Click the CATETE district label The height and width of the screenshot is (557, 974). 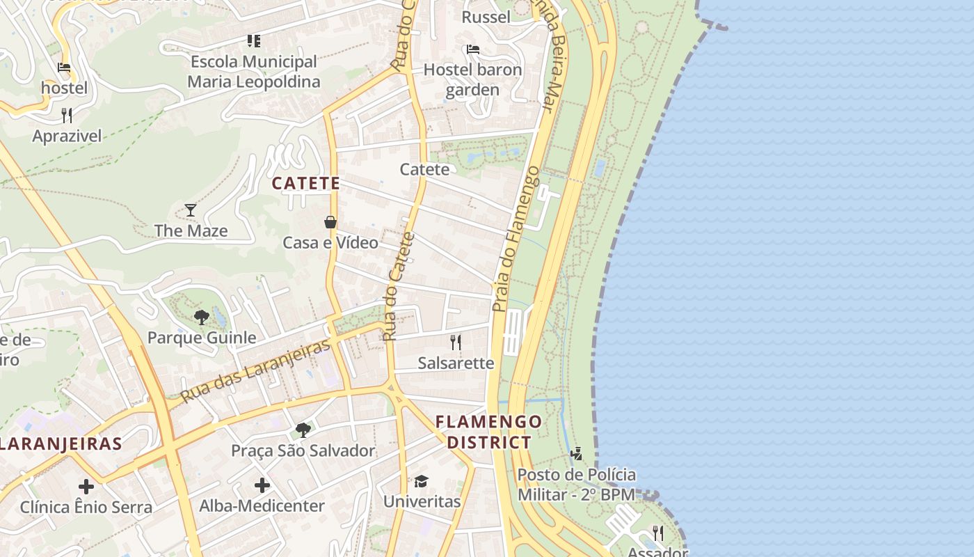(x=305, y=184)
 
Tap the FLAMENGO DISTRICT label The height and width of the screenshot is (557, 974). (x=488, y=432)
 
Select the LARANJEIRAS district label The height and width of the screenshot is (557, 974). (x=61, y=444)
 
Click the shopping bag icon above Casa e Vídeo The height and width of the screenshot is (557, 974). (x=330, y=222)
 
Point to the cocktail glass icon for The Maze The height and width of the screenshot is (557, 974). (x=190, y=210)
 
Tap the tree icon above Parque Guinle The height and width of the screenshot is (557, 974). (x=202, y=317)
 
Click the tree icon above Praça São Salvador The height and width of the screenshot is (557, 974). (x=303, y=430)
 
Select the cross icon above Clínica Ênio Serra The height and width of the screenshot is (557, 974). (x=86, y=486)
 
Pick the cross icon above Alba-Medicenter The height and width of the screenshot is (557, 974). (x=262, y=485)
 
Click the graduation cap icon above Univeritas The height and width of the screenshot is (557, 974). (x=422, y=481)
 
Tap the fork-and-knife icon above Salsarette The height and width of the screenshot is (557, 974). (x=456, y=342)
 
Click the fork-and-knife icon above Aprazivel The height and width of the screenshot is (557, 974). (x=67, y=115)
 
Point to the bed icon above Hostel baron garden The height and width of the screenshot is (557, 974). (x=473, y=49)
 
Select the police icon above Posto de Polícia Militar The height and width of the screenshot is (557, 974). (x=576, y=455)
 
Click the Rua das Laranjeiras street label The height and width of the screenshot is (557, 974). (x=255, y=371)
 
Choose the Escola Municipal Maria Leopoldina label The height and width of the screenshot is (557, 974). (x=254, y=72)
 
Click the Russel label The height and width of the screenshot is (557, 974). (x=486, y=17)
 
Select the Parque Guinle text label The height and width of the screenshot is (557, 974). (x=202, y=338)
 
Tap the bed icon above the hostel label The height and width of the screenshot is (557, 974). (x=64, y=68)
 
